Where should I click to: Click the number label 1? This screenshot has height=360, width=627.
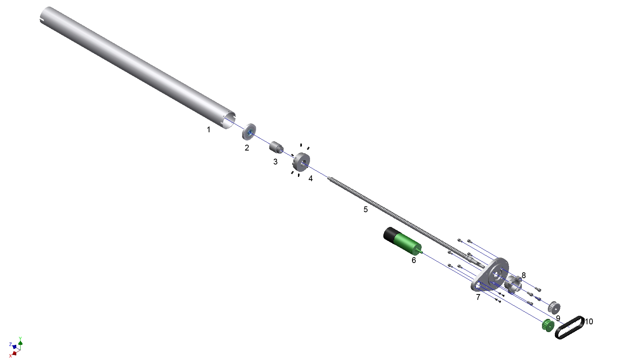[x=208, y=130]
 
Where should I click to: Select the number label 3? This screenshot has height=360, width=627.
[x=275, y=161]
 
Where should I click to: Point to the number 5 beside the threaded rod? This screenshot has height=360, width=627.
[x=365, y=209]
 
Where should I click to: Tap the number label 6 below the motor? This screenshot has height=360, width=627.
[x=414, y=260]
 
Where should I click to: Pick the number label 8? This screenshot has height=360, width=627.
[x=523, y=275]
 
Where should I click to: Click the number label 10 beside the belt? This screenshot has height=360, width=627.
[x=589, y=321]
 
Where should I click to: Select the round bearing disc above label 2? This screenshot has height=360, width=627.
[x=249, y=132]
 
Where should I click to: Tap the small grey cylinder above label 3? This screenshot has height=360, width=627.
[x=276, y=147]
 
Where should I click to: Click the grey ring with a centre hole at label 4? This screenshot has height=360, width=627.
[x=301, y=162]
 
